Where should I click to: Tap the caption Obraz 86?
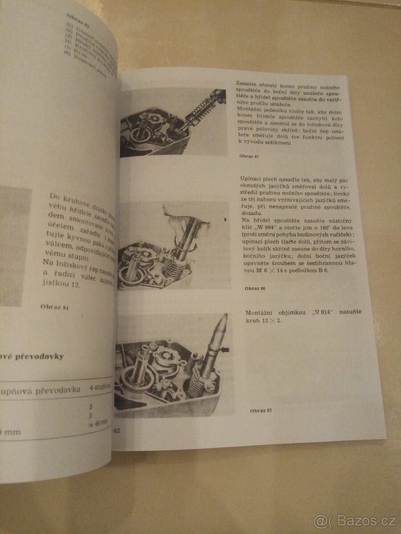coord(255,288)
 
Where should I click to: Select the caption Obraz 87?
coord(261,410)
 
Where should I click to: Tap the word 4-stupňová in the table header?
coord(98,388)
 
